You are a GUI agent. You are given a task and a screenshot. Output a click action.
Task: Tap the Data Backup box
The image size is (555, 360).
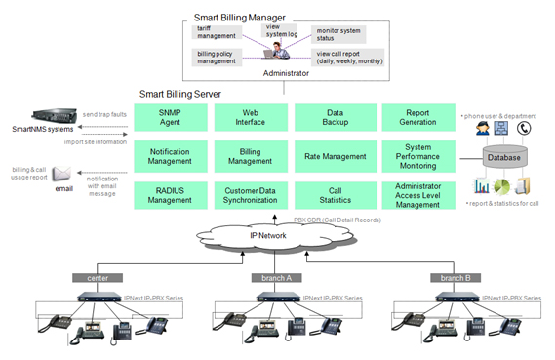pos(335,117)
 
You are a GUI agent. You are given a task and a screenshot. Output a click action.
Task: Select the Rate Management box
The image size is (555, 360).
pos(335,155)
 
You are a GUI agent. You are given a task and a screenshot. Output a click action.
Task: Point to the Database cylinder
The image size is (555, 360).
pos(504,156)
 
